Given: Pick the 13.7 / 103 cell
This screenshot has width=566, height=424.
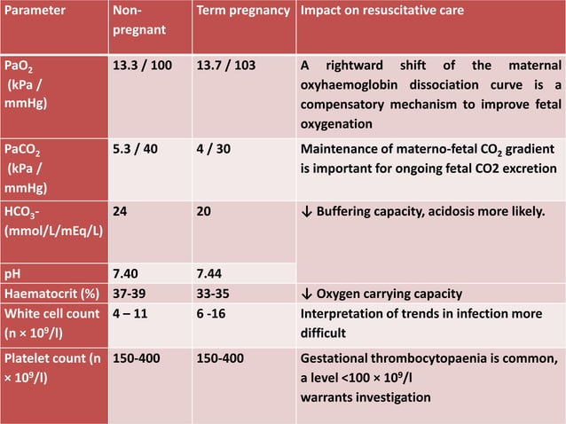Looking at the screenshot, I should (x=228, y=67).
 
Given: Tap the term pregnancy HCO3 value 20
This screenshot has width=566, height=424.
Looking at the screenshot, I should (x=205, y=213).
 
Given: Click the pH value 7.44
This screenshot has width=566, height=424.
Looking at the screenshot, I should (x=213, y=274).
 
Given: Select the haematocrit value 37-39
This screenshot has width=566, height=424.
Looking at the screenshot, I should (x=131, y=294).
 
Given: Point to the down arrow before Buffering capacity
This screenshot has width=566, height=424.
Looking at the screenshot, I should (x=307, y=213).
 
